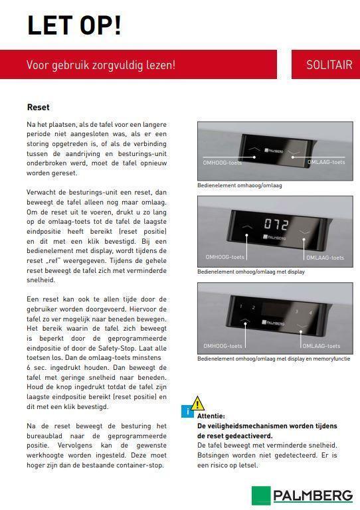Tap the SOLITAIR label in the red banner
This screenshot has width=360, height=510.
tap(329, 65)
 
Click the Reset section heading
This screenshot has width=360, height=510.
tap(38, 107)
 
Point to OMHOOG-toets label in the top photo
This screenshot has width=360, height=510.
tap(223, 162)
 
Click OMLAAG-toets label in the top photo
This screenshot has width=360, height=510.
tap(325, 162)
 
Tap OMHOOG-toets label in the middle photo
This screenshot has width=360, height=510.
tap(224, 257)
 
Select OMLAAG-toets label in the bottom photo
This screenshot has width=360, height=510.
tap(321, 346)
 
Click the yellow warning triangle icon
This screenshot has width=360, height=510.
tap(197, 403)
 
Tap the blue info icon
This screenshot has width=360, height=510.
tap(188, 412)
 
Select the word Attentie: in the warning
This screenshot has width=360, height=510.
tap(211, 416)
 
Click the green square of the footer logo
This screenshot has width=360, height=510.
tap(260, 495)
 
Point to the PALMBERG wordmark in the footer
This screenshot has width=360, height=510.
tap(313, 495)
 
